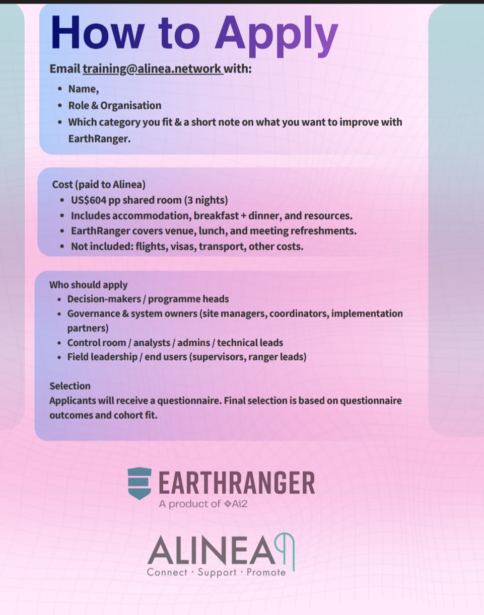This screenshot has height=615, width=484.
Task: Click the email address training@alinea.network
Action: click(x=152, y=68)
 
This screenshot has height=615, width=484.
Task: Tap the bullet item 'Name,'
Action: click(x=83, y=89)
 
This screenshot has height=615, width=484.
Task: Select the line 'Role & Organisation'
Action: click(x=115, y=106)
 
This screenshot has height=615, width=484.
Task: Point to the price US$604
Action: click(x=89, y=200)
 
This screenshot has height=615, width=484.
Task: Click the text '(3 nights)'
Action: click(x=205, y=200)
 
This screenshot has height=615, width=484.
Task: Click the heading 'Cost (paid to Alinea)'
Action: click(x=99, y=185)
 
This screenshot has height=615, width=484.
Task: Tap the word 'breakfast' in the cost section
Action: click(x=216, y=216)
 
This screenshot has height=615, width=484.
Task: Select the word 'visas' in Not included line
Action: click(x=175, y=247)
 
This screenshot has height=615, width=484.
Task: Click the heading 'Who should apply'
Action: click(x=88, y=285)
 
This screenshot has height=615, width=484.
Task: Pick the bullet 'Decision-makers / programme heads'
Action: click(x=148, y=299)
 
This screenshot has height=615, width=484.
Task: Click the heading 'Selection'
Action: click(x=70, y=387)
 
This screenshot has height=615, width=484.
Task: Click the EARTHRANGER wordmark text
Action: click(x=237, y=483)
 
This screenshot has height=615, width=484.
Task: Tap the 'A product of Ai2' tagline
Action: click(x=203, y=504)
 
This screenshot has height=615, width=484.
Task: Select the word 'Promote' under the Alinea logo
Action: click(x=266, y=572)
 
